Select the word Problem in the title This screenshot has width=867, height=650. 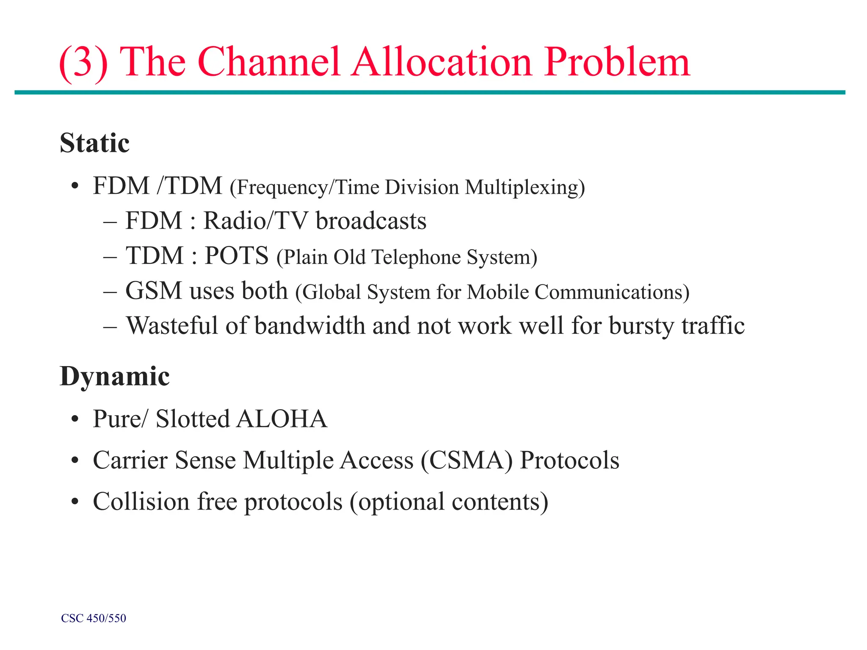pyautogui.click(x=617, y=63)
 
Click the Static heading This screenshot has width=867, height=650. pyautogui.click(x=94, y=143)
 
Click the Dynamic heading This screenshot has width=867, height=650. pyautogui.click(x=115, y=376)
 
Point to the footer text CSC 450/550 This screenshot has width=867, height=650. pyautogui.click(x=94, y=618)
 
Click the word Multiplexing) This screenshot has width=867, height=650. pyautogui.click(x=525, y=187)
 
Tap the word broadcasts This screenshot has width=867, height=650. pyautogui.click(x=371, y=221)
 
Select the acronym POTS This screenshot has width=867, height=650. pyautogui.click(x=237, y=256)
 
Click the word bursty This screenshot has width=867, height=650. pyautogui.click(x=641, y=327)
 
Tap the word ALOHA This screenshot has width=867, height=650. pyautogui.click(x=282, y=419)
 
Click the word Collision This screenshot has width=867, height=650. pyautogui.click(x=141, y=501)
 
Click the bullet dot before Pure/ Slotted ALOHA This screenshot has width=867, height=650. pyautogui.click(x=75, y=419)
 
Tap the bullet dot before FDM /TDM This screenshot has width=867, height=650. pyautogui.click(x=75, y=186)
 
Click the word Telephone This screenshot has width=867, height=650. pyautogui.click(x=416, y=257)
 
